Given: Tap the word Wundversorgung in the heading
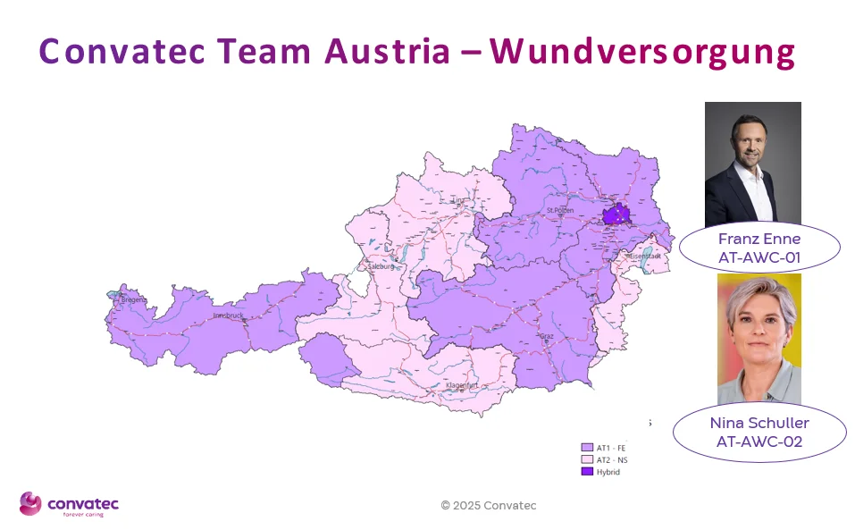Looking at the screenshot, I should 641,53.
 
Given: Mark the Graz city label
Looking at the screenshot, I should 546,336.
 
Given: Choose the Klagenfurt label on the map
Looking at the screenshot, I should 462,385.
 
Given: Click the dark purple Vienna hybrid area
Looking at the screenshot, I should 616,215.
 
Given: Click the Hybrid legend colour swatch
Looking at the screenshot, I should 587,471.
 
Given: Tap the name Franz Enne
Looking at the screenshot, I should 759,239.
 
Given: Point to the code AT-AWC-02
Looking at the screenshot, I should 759,441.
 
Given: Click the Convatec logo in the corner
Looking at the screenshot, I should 69,504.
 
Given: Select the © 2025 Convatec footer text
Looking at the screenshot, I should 489,505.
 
